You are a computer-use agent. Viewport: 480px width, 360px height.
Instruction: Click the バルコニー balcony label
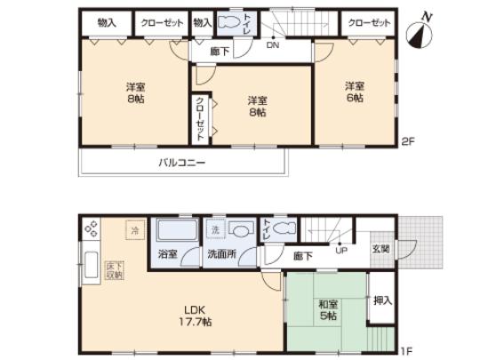(182, 164)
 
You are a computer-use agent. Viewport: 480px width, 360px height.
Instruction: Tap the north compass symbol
(420, 33)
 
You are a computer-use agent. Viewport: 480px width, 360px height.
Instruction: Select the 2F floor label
(407, 140)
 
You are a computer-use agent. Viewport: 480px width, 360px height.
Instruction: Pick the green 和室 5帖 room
(326, 311)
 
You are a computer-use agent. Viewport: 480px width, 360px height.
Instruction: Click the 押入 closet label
(380, 301)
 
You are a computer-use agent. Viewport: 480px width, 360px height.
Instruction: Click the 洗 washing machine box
(214, 229)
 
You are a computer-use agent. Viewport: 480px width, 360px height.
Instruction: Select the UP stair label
(340, 249)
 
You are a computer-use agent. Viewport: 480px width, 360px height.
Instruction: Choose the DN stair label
(273, 45)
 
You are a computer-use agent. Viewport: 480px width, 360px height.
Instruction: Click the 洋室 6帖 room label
(356, 92)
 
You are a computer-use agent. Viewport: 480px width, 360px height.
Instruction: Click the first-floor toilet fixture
(283, 229)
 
